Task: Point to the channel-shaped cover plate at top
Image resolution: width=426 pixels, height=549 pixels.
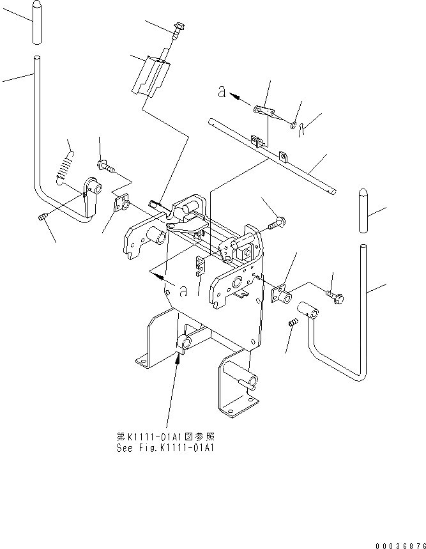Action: coord(151,75)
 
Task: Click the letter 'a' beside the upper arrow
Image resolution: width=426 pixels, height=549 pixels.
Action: coord(221,93)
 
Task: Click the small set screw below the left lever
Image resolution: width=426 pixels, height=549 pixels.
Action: coord(43,218)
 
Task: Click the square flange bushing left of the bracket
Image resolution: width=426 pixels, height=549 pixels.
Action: coord(121,205)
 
